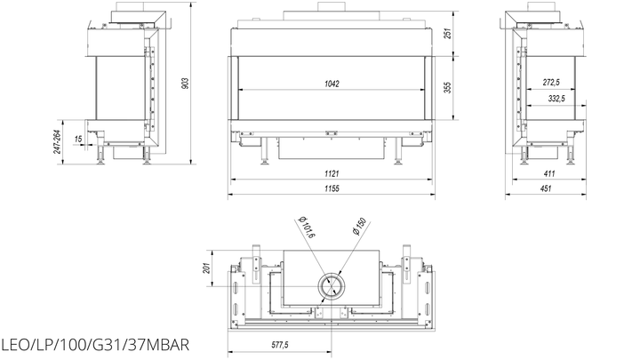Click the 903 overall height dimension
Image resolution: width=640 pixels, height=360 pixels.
[x=185, y=84]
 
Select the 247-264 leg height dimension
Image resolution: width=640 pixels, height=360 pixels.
[x=58, y=141]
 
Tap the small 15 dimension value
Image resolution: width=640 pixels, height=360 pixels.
[x=78, y=139]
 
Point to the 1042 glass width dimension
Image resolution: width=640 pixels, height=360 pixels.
[x=332, y=84]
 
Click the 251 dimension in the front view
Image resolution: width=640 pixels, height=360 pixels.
[x=448, y=33]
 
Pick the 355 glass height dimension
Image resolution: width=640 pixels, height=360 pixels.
[x=448, y=87]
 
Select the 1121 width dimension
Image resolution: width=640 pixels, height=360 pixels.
[x=332, y=173]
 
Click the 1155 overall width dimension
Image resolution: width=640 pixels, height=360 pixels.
[x=332, y=188]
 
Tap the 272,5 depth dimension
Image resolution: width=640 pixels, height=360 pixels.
[x=551, y=82]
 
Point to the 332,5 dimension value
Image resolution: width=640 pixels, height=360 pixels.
[x=556, y=99]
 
